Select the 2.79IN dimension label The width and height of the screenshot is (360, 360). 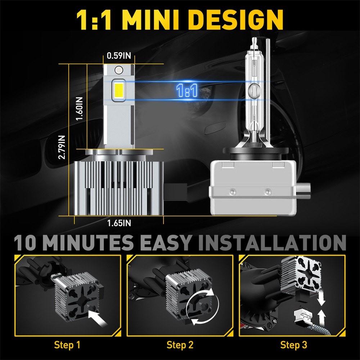coord(62,147)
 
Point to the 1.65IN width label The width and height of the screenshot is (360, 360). coord(119,223)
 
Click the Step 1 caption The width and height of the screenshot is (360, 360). coord(67,345)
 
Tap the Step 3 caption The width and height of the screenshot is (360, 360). coord(294,345)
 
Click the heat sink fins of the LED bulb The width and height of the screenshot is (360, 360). coord(119,187)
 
